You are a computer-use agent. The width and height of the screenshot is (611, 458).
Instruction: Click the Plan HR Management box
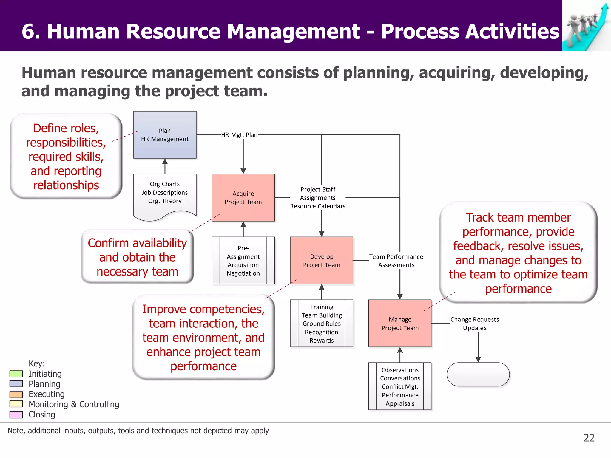165,135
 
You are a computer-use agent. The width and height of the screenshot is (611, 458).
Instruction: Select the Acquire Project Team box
243,198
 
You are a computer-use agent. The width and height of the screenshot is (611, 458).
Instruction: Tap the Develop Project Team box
321,261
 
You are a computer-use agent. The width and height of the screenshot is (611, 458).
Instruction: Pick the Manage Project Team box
400,324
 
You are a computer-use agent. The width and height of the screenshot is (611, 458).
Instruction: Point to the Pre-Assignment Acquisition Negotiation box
243,261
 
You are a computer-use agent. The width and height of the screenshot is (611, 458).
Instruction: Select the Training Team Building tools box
321,324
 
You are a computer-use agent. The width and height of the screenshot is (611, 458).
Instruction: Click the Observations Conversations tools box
400,386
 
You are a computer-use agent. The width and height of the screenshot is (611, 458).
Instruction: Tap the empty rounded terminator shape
478,375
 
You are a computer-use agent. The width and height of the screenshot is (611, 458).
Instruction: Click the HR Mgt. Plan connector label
239,135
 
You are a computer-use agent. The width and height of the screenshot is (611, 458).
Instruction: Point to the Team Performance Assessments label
396,261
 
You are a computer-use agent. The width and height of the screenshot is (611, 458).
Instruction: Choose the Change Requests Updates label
474,324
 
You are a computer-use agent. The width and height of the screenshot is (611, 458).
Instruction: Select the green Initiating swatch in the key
16,374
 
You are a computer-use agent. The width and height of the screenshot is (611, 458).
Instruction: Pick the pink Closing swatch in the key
16,415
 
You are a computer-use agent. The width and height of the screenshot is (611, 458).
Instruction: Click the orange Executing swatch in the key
16,394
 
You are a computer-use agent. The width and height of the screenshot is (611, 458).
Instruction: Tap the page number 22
589,438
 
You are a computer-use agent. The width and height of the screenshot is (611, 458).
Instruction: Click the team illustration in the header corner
586,25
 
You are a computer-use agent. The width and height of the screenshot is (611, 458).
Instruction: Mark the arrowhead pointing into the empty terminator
478,360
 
